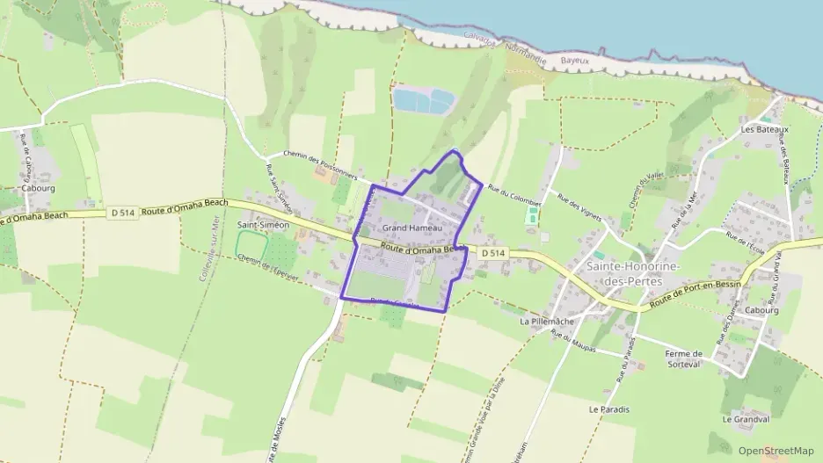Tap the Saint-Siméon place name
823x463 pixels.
coord(263,225)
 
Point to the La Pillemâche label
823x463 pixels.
coord(547,322)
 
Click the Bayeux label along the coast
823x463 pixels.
coord(574,61)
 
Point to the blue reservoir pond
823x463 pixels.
coord(422,101)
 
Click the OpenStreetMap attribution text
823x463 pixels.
coord(776,451)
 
